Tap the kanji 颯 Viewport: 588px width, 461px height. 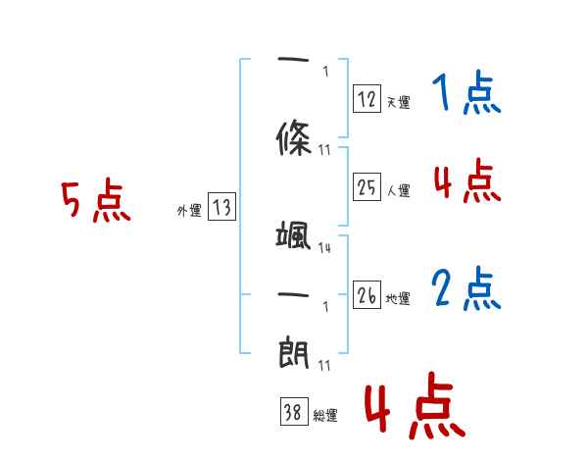pyautogui.click(x=294, y=236)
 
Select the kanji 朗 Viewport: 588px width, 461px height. pyautogui.click(x=294, y=351)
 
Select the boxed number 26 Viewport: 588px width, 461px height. pyautogui.click(x=367, y=296)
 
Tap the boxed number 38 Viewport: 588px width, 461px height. pyautogui.click(x=293, y=413)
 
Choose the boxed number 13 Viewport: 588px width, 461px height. pyautogui.click(x=221, y=207)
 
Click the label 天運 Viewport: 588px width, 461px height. pyautogui.click(x=398, y=102)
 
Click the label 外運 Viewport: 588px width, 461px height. pyautogui.click(x=189, y=211)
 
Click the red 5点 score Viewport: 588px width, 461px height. pyautogui.click(x=95, y=202)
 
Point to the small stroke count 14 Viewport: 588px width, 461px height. pyautogui.click(x=324, y=248)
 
